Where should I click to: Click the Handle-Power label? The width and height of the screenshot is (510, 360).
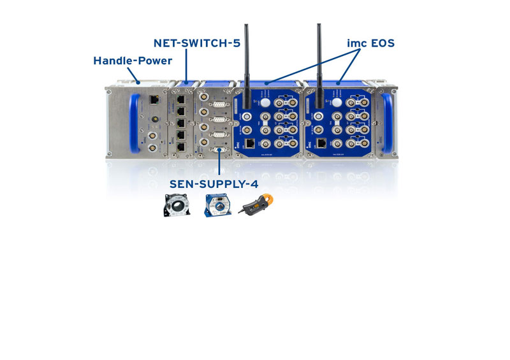133,61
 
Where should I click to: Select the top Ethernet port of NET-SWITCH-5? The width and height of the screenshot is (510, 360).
182,100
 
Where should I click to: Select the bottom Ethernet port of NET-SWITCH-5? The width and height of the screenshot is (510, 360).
182,147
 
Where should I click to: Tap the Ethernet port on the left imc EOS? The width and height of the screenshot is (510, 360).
251,143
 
